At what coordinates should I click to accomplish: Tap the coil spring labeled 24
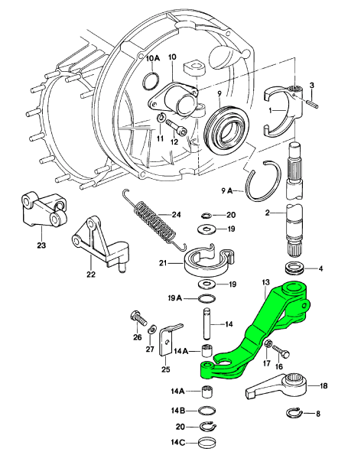point(154,219)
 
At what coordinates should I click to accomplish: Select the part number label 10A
point(153,58)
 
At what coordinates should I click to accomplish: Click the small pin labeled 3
point(311,102)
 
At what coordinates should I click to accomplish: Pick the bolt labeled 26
point(139,319)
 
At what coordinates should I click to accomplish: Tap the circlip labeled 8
point(294,413)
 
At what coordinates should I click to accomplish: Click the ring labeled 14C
point(207,443)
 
